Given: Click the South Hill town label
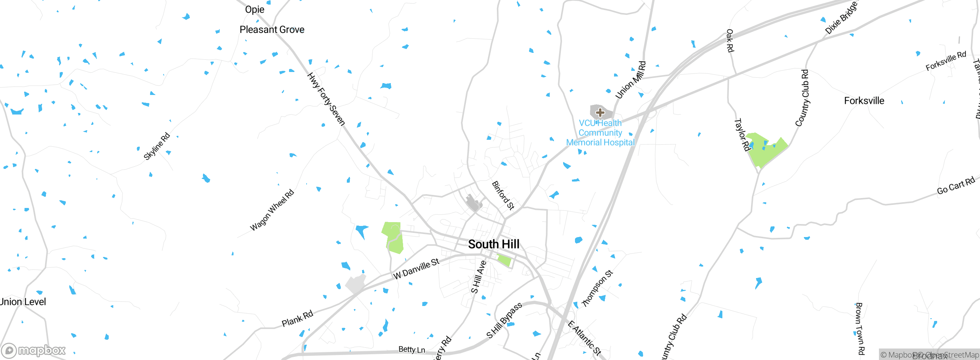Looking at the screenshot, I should [x=493, y=244].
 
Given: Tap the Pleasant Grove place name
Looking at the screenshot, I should [x=272, y=29].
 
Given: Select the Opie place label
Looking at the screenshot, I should [x=255, y=9].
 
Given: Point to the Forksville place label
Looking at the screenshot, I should [x=864, y=101].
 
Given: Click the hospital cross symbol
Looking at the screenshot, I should [x=600, y=112].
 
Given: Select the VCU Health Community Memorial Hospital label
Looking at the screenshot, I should [x=600, y=133].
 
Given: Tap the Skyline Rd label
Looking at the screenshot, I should [x=157, y=146].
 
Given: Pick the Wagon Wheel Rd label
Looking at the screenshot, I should [x=272, y=210].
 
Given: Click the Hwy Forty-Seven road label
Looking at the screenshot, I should [x=326, y=99].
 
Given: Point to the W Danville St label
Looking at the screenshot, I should [x=416, y=268].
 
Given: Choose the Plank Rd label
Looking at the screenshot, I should [x=297, y=319].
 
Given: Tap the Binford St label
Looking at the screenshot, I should [x=503, y=195].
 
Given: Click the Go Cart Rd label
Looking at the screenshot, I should [x=955, y=186].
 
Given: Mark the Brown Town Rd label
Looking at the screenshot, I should [x=860, y=329].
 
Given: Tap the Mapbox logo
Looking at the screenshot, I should [x=34, y=350].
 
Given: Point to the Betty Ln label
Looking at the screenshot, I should [x=412, y=349].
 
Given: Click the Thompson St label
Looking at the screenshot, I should [x=598, y=288].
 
